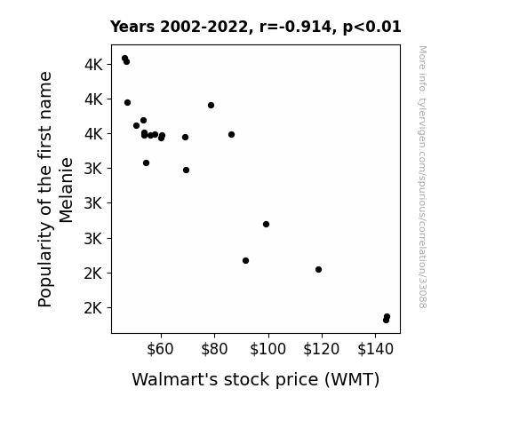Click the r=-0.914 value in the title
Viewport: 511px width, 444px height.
296,27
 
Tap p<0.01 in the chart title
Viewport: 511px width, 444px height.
371,28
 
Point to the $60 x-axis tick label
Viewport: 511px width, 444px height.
160,349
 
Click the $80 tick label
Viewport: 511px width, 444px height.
214,349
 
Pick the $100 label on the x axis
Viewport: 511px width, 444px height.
267,349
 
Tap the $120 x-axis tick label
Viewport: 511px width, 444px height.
322,349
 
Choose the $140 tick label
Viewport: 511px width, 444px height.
375,349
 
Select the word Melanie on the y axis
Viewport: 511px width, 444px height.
66,190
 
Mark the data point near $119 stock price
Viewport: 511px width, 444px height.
319,269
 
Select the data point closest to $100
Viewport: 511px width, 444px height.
266,224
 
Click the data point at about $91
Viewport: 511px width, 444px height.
245,260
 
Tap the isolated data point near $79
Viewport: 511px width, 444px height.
211,105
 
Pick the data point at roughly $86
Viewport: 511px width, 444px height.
231,135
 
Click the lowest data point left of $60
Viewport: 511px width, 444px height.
146,163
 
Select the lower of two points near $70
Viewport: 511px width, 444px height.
186,170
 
